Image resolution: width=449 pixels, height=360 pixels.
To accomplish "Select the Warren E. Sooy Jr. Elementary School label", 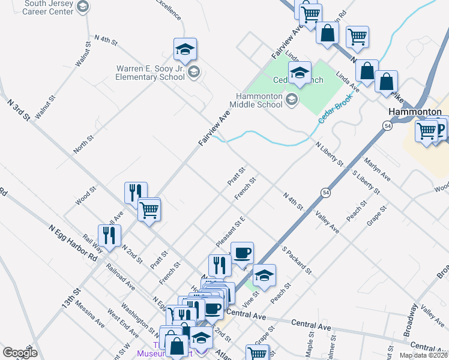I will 151,73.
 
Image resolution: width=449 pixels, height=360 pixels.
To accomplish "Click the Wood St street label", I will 85,196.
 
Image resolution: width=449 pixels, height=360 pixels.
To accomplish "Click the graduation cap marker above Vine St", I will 264,275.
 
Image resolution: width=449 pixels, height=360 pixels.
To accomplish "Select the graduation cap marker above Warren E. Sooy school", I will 185,49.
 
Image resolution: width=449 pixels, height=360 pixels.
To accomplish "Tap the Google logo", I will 20,353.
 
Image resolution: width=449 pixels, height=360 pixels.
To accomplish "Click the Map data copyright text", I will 423,355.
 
